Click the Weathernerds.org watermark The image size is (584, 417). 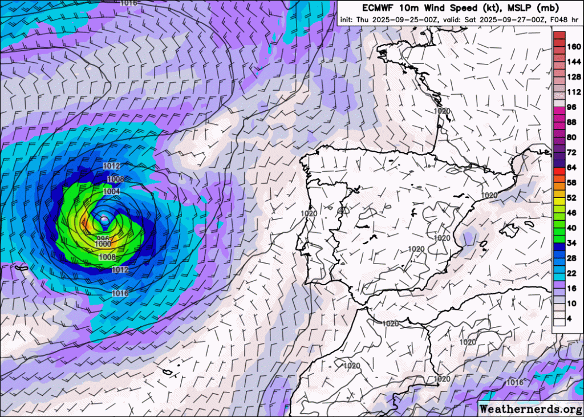tap(530, 408)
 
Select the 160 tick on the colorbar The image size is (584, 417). tap(573, 47)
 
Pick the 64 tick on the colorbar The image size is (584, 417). tap(571, 167)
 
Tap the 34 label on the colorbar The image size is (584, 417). tap(571, 243)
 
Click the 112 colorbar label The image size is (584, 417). tap(573, 92)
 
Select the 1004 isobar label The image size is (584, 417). tap(112, 192)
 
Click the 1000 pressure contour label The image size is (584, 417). tap(103, 244)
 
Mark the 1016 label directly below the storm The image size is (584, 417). tap(120, 293)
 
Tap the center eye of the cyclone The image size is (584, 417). tap(104, 220)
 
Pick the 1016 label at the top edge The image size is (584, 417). tap(129, 3)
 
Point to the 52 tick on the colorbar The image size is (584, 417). tap(571, 197)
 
